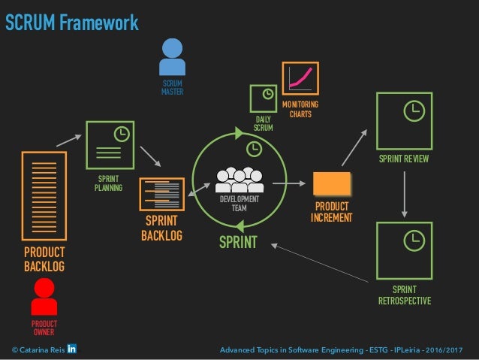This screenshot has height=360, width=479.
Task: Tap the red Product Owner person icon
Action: [44, 297]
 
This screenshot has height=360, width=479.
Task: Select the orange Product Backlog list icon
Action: [44, 196]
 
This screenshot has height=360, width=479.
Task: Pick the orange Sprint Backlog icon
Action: [162, 194]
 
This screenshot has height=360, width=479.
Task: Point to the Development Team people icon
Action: [239, 180]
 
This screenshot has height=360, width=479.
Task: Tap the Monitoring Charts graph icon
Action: [300, 80]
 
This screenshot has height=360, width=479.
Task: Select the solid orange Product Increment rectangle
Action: [331, 184]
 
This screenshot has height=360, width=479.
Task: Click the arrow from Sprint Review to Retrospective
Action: [404, 192]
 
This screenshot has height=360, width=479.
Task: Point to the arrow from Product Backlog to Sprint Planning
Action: [68, 139]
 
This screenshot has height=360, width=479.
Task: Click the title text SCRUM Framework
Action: [72, 23]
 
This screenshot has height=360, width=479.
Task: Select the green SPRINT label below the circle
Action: [238, 242]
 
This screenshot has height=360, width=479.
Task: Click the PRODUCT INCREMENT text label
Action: [331, 212]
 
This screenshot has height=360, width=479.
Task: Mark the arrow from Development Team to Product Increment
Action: [288, 183]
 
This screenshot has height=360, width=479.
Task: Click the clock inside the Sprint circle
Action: [255, 149]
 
